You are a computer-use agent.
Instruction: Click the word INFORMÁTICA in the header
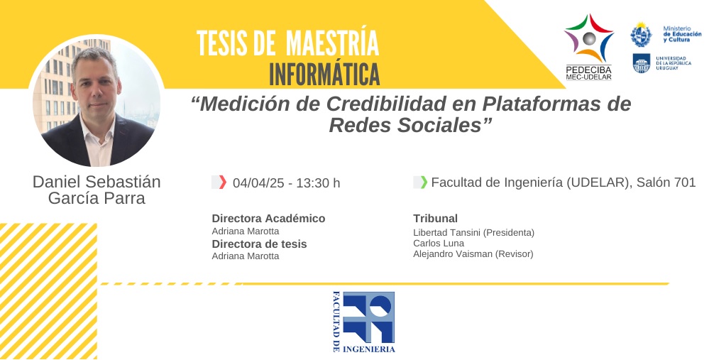pyautogui.click(x=324, y=75)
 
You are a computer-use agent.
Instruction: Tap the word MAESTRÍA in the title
pyautogui.click(x=332, y=43)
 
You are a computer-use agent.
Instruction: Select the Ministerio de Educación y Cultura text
pyautogui.click(x=682, y=34)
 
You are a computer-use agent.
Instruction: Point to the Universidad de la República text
pyautogui.click(x=674, y=63)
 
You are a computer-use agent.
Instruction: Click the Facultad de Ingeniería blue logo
pyautogui.click(x=364, y=322)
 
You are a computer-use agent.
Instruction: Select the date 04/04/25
pyautogui.click(x=258, y=182)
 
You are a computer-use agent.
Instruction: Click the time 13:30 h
pyautogui.click(x=319, y=182)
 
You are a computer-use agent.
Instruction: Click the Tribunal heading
pyautogui.click(x=436, y=219)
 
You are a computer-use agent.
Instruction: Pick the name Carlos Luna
pyautogui.click(x=439, y=244)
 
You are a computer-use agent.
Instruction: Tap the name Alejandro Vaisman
pyautogui.click(x=453, y=254)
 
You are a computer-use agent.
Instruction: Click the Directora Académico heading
pyautogui.click(x=268, y=219)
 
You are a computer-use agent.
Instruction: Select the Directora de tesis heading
pyautogui.click(x=259, y=244)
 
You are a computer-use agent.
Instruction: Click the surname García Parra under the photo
pyautogui.click(x=97, y=198)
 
